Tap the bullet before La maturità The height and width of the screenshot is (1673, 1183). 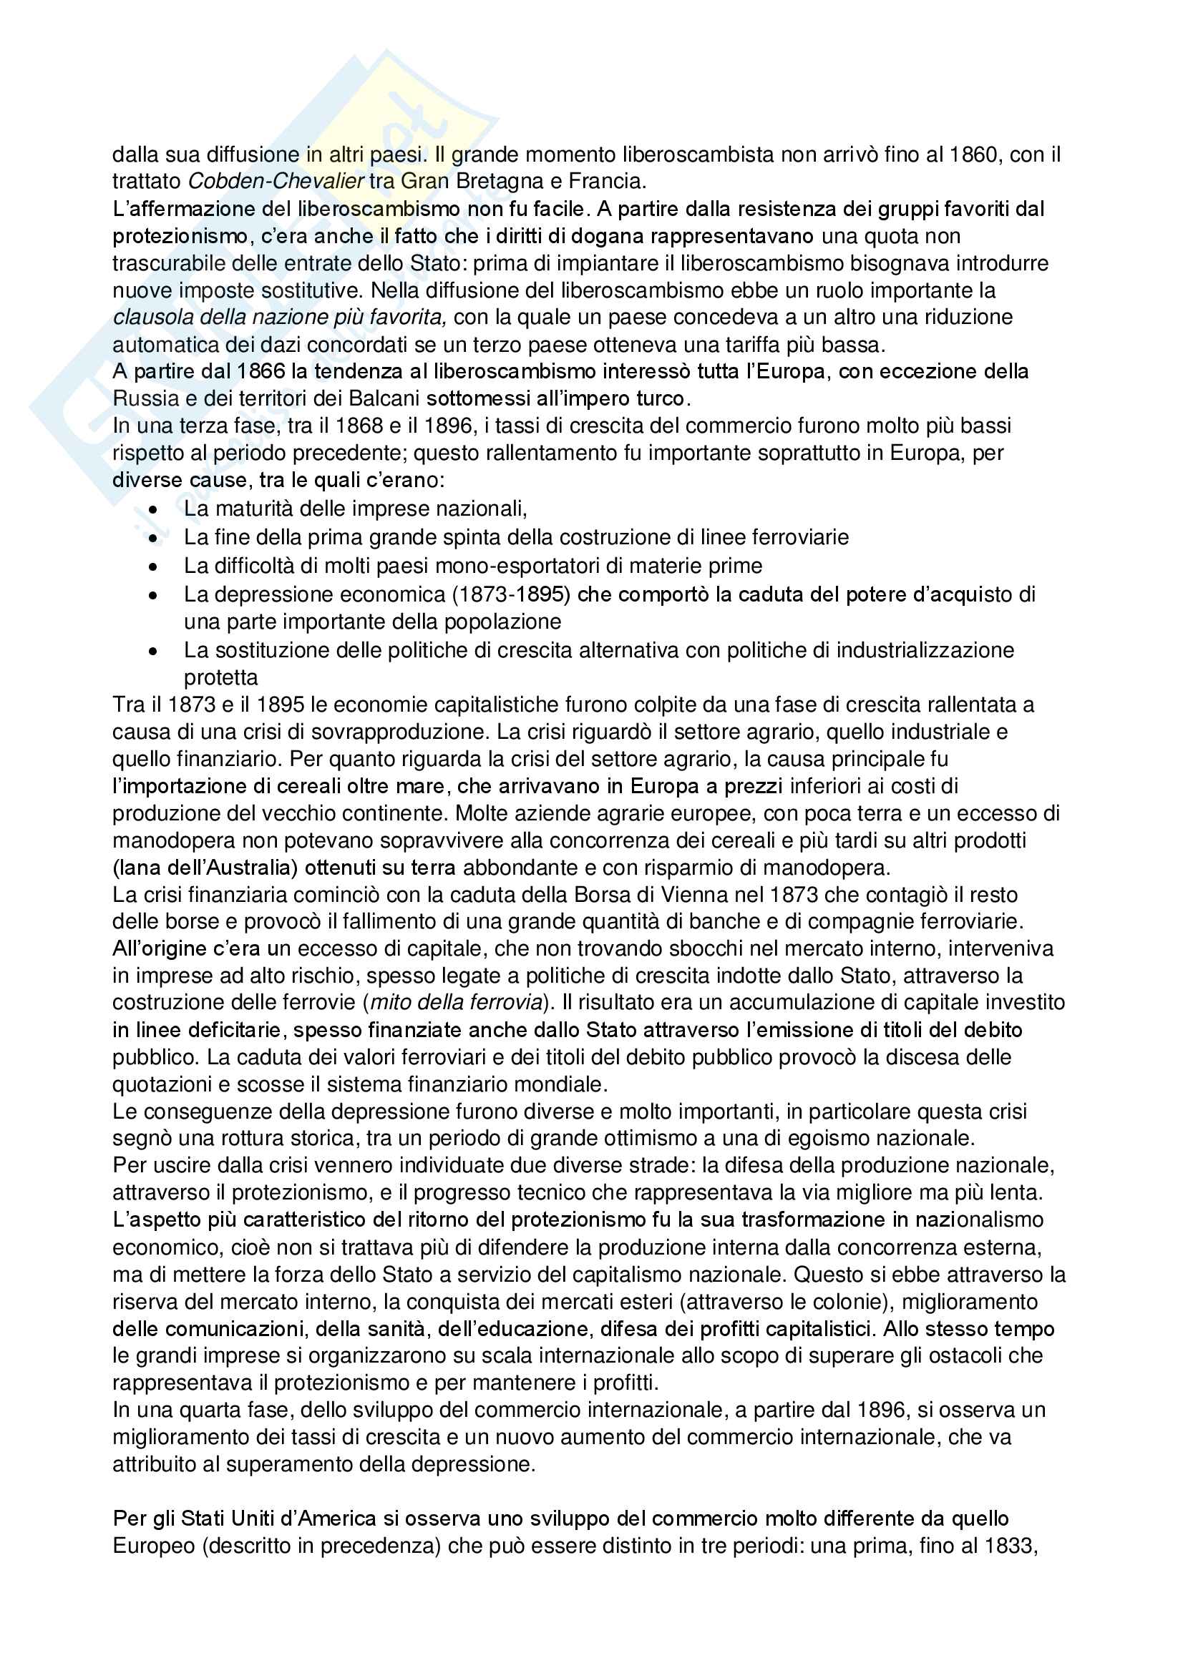point(152,509)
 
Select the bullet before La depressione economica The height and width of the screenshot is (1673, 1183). point(152,595)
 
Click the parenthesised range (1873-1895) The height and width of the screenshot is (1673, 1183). point(510,594)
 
